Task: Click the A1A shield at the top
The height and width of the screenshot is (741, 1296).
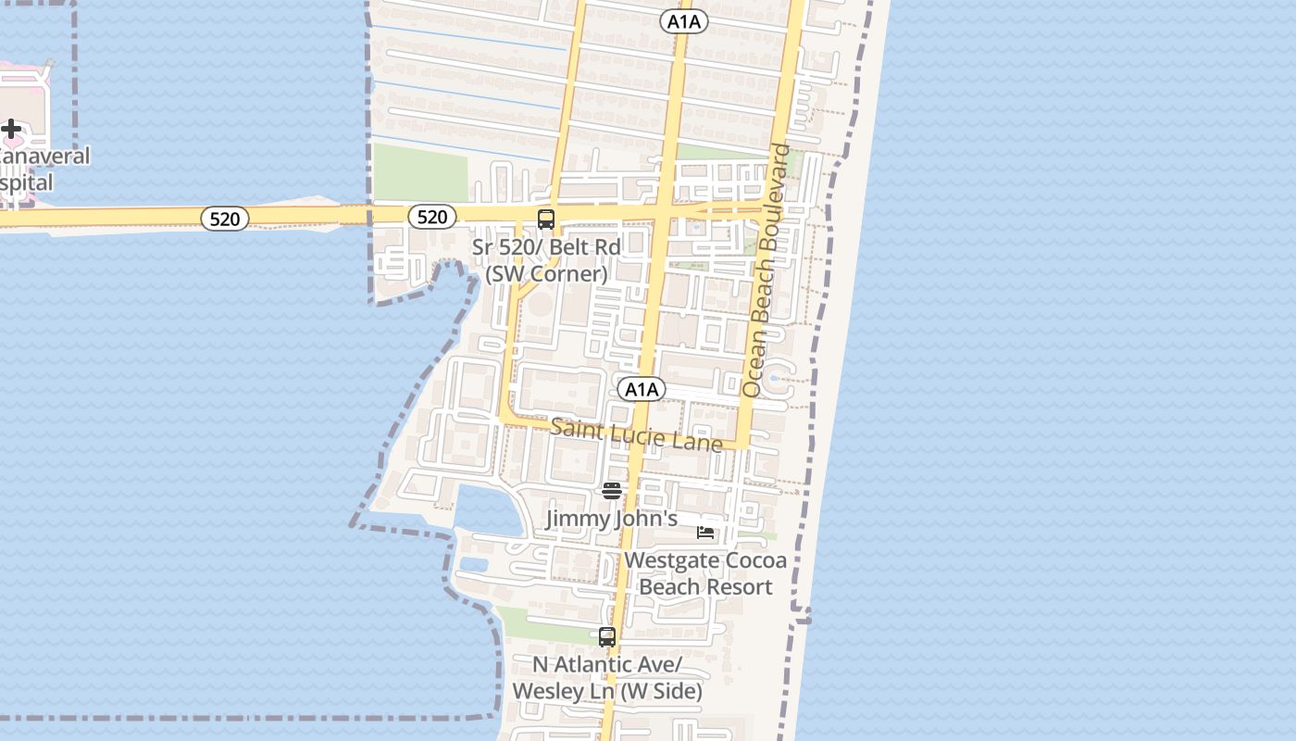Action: click(x=684, y=21)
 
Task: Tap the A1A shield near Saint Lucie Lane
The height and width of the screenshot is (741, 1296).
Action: click(x=641, y=389)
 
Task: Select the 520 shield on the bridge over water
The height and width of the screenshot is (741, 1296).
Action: click(x=225, y=219)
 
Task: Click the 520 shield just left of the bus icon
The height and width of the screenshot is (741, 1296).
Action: click(x=432, y=217)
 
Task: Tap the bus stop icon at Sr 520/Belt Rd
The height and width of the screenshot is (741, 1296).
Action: click(x=546, y=220)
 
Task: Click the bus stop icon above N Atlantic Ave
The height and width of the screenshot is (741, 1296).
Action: click(x=607, y=637)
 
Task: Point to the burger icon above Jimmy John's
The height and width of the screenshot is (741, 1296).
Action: click(x=612, y=490)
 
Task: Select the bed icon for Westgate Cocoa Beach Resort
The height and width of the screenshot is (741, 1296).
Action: click(x=705, y=532)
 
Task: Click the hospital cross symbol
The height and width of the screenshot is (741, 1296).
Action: click(x=11, y=129)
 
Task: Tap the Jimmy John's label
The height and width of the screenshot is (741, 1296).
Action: click(x=612, y=519)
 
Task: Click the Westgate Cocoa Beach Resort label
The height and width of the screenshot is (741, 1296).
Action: click(x=705, y=573)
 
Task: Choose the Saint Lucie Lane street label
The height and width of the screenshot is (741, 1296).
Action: click(x=637, y=434)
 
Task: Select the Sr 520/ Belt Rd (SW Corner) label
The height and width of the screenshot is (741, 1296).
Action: click(x=546, y=260)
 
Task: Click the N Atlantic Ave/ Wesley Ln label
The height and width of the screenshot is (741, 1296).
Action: click(x=607, y=678)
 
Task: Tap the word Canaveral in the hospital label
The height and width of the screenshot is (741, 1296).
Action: click(x=44, y=156)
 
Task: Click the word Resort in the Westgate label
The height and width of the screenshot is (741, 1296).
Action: click(x=738, y=587)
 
